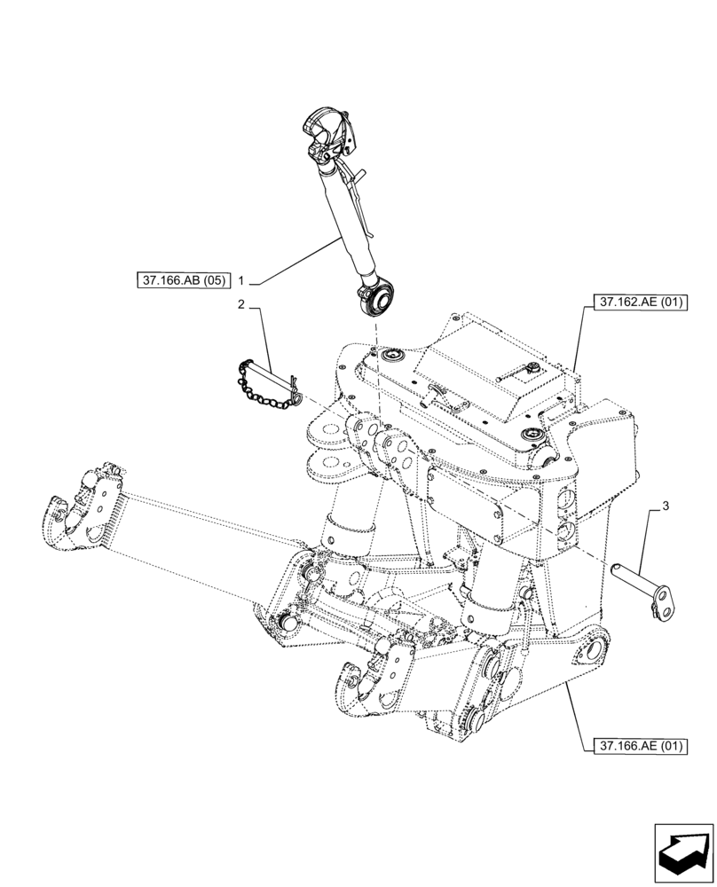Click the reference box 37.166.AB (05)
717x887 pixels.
pos(182,281)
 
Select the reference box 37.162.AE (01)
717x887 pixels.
pos(637,302)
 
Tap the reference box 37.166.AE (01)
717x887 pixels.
pos(637,746)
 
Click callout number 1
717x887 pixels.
pos(240,281)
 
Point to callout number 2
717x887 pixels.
pos(240,304)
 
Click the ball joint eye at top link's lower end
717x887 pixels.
pos(374,297)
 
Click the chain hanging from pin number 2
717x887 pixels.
pos(263,389)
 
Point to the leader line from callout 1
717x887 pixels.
pos(293,262)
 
